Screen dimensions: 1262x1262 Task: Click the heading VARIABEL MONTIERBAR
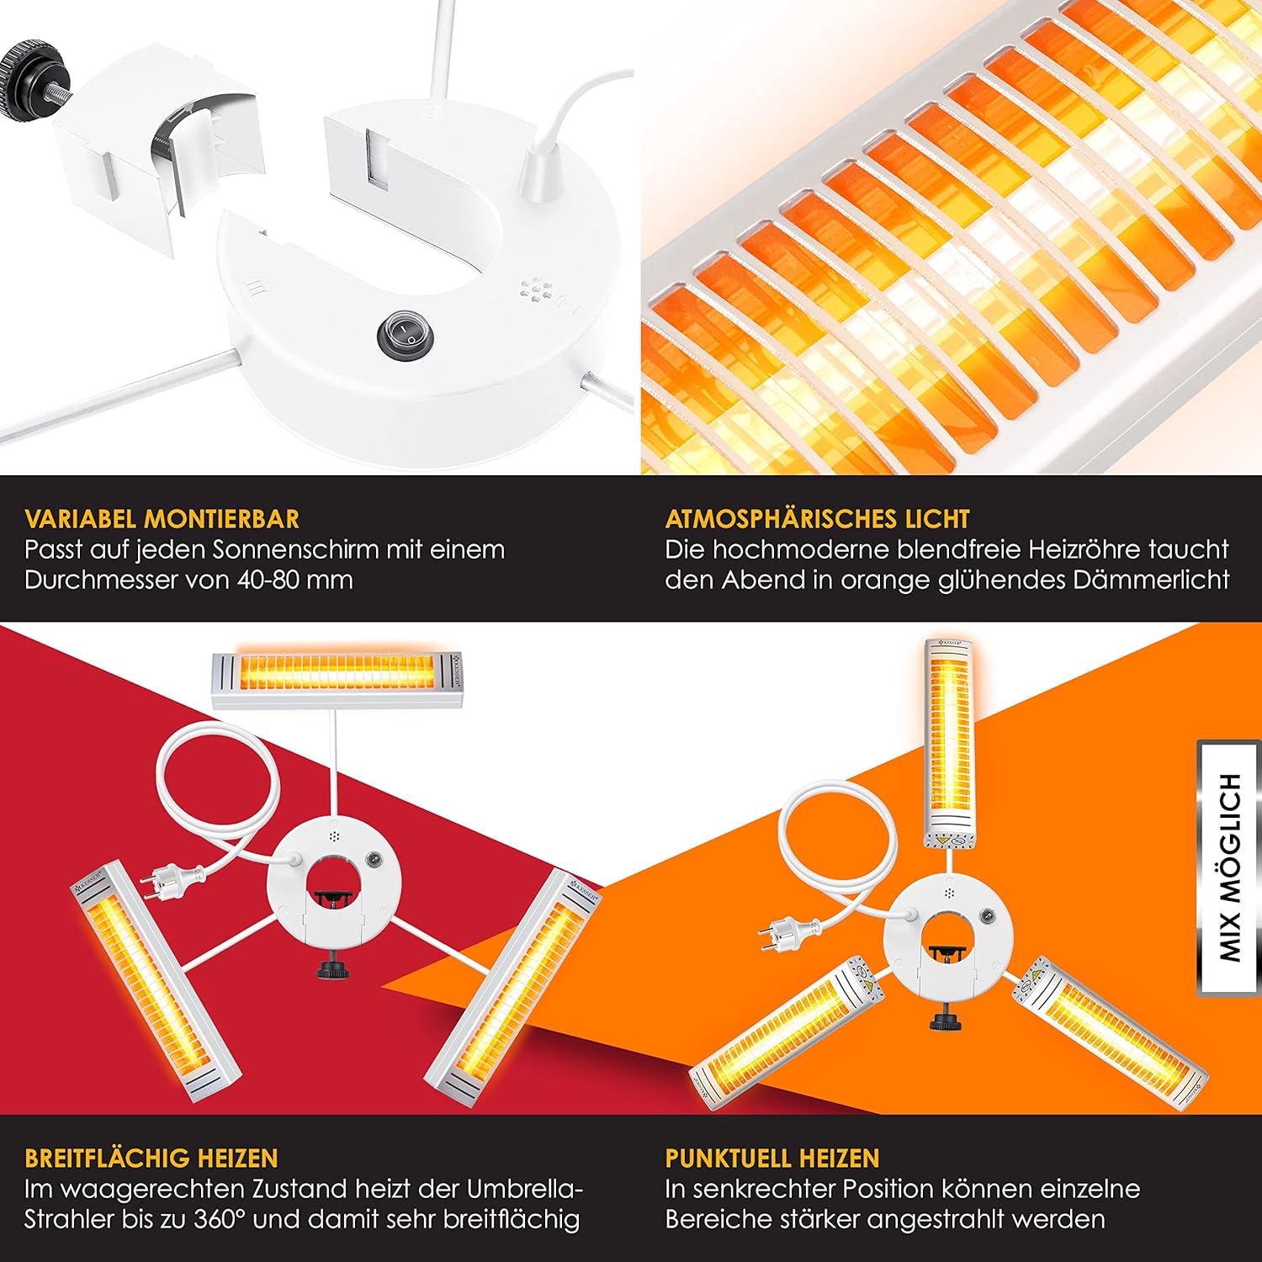tap(162, 519)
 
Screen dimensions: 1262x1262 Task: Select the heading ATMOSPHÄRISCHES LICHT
tap(818, 519)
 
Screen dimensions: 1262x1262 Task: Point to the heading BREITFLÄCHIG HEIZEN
tap(151, 1159)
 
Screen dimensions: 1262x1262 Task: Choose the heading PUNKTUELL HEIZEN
tap(772, 1159)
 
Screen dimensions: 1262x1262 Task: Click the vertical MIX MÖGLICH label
tap(1230, 867)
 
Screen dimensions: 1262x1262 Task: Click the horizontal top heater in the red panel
tap(337, 679)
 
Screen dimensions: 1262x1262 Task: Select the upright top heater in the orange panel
tap(949, 744)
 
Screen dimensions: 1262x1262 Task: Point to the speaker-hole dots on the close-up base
tap(535, 289)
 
